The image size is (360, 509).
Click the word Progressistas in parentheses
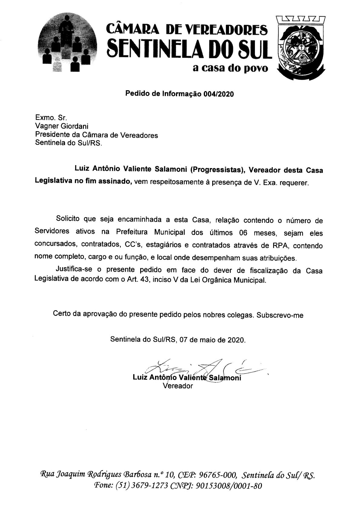217,170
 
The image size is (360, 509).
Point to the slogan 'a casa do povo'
230,68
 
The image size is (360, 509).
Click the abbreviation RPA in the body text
281,246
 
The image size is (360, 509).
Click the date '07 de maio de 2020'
212,339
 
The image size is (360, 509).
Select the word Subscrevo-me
280,315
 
